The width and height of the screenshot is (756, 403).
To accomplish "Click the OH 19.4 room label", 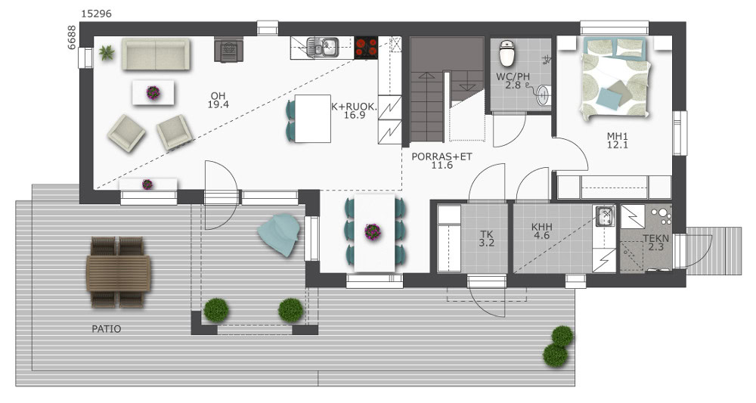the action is [218, 101].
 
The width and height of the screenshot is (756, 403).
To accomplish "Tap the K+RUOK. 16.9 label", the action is [354, 111].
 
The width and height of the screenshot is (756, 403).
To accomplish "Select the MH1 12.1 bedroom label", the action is [618, 141].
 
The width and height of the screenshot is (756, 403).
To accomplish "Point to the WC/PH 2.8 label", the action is [513, 81].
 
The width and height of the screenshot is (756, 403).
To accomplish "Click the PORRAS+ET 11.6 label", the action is [442, 161].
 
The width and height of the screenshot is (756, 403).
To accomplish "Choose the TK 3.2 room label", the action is [486, 239].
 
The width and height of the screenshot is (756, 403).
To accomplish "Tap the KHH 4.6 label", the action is [542, 231].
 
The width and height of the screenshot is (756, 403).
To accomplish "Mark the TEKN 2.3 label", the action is [656, 243].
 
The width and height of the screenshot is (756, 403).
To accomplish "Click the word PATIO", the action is [107, 329].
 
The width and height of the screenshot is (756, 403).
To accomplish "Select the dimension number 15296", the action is [96, 14].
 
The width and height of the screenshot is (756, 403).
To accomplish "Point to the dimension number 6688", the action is [71, 37].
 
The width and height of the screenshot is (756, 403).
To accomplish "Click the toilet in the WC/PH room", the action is [507, 53].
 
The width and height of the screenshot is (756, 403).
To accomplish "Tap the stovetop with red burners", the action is [367, 48].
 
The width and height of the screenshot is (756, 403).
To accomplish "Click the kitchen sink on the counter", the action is [323, 47].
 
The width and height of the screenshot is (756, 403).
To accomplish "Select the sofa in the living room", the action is [156, 54].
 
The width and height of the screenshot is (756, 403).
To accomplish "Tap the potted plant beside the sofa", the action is [107, 52].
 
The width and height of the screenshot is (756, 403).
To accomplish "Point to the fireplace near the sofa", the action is [228, 50].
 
